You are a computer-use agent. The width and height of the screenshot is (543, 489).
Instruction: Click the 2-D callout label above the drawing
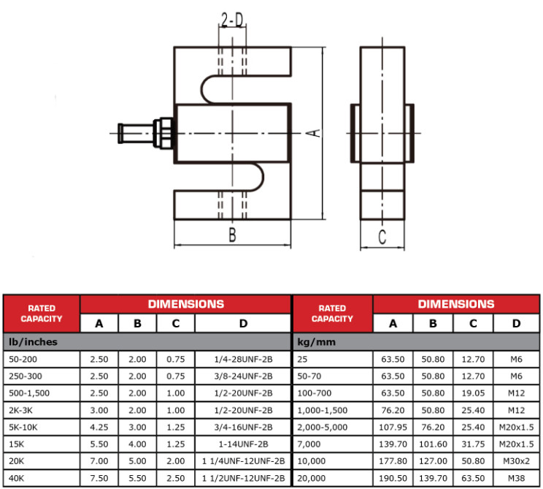[232, 20]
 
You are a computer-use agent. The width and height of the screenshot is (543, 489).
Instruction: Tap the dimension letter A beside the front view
[314, 133]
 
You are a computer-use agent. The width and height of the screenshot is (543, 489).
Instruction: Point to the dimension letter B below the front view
[232, 235]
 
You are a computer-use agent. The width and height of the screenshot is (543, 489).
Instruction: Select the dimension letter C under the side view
[382, 237]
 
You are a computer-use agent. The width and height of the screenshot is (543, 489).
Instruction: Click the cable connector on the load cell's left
[145, 133]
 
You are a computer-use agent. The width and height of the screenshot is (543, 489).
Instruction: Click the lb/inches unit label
[34, 342]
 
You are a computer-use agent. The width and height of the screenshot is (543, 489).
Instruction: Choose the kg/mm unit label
[316, 342]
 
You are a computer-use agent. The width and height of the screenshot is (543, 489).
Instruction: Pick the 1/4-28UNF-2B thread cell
[243, 360]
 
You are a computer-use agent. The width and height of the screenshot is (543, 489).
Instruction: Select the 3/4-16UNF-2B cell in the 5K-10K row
[243, 428]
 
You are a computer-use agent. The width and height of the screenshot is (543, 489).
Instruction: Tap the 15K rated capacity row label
[17, 444]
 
